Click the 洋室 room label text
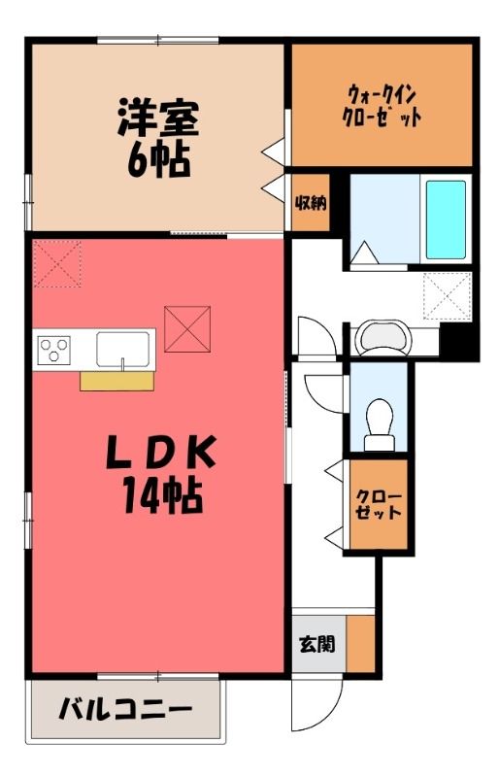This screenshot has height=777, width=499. click(x=158, y=118)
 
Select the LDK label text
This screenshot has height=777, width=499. click(x=161, y=452)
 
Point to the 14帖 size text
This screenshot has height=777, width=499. click(x=162, y=494)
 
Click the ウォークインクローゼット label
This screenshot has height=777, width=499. click(x=383, y=107)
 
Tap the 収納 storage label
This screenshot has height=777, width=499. click(x=311, y=203)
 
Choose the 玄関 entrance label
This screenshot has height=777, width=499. click(x=317, y=644)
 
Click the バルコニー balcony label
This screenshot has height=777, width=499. click(x=125, y=710)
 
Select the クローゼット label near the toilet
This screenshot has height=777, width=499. click(x=379, y=504)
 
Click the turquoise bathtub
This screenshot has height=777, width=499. click(x=446, y=220)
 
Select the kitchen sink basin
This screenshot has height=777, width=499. click(x=123, y=350)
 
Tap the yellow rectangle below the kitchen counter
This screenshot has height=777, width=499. click(x=116, y=381)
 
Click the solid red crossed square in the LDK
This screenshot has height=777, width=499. click(x=187, y=329)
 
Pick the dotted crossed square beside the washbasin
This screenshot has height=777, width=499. click(x=447, y=296)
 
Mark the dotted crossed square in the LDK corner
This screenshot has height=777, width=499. click(x=57, y=263)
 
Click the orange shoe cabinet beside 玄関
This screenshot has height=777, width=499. click(x=360, y=644)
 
